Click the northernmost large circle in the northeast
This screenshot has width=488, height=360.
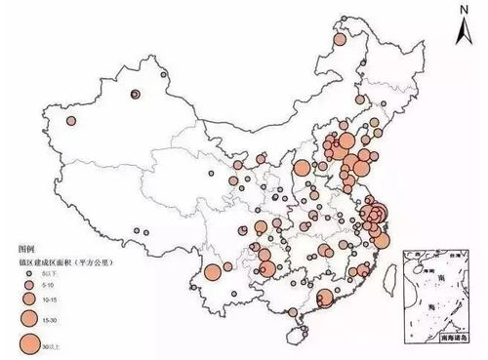pos(340,41)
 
